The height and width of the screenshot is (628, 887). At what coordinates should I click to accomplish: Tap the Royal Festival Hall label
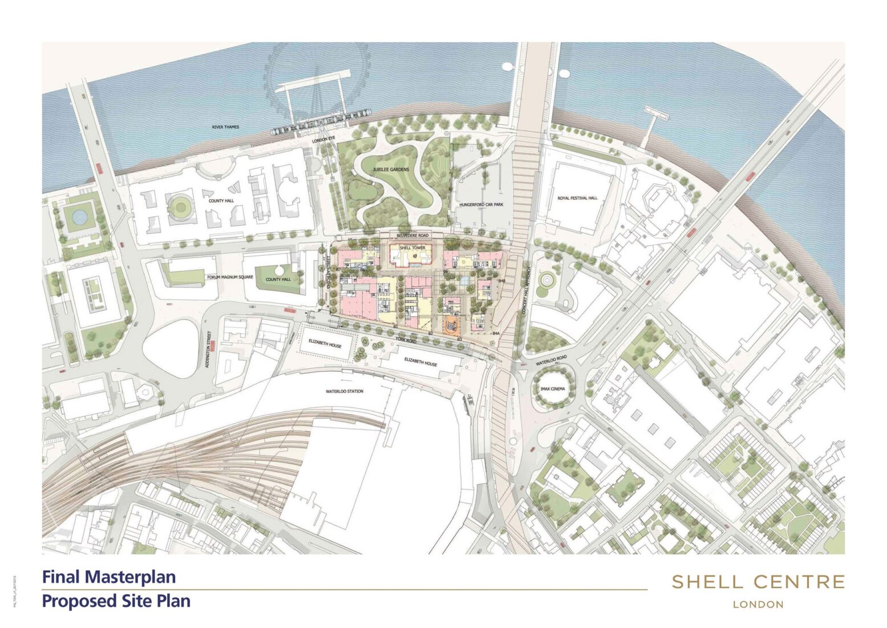[577, 198]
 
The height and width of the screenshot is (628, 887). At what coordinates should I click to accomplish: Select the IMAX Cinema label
[552, 389]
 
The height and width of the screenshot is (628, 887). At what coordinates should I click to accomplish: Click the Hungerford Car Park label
[478, 204]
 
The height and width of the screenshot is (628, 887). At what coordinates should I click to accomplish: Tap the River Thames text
[225, 127]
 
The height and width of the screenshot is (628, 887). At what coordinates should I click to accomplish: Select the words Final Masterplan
[109, 577]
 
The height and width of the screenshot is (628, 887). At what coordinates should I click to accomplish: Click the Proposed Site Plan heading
[116, 601]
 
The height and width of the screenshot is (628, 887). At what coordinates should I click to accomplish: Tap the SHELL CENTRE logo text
[758, 582]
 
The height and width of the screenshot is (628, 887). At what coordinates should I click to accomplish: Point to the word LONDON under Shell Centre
[758, 604]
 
